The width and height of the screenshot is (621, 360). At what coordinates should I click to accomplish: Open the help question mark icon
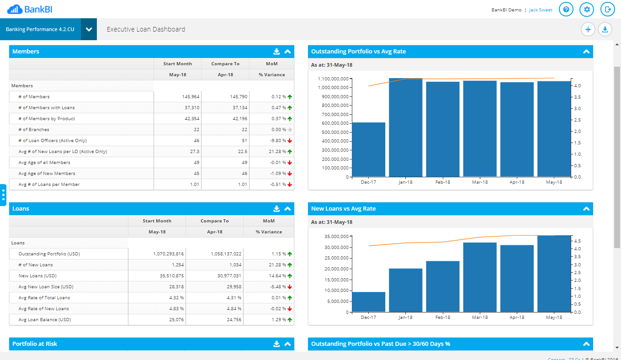pos(566,9)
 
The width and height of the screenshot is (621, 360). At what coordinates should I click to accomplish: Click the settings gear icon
pos(587,9)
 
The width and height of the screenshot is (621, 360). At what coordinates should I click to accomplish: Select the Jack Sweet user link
pos(541,10)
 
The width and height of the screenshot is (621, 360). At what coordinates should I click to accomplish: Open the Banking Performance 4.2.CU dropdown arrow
pos(89,29)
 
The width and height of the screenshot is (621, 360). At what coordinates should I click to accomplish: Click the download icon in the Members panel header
pos(276,52)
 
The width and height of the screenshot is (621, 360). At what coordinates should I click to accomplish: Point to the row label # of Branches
pos(34,130)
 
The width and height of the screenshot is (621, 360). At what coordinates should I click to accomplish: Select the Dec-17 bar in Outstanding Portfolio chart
pos(368,149)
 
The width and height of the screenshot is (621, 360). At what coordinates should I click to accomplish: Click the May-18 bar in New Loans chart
pos(554,274)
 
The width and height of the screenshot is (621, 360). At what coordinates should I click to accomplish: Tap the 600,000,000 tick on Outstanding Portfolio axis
pos(333,123)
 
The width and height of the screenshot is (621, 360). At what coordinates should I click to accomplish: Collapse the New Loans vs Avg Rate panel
pos(586,209)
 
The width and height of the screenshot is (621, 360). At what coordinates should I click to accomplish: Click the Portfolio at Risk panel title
pos(35,344)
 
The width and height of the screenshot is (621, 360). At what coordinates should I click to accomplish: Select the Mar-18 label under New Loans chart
pos(480,318)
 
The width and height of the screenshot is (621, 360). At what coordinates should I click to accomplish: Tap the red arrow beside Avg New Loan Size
pos(290,287)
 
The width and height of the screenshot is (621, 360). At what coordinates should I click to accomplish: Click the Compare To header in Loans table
pos(214,221)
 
